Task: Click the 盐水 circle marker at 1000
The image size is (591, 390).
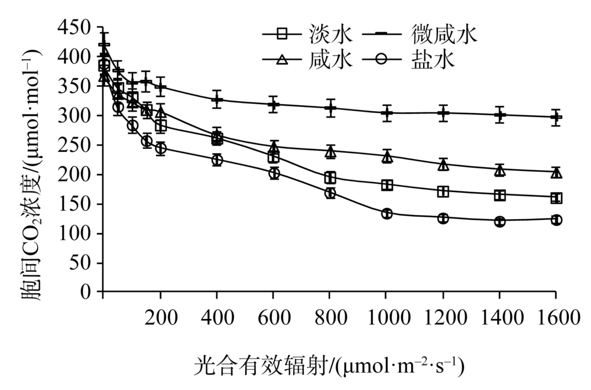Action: coord(387,213)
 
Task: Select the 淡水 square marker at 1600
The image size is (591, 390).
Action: coord(556,198)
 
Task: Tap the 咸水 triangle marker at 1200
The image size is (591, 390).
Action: coord(443,164)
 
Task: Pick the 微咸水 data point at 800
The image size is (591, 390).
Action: coord(330,108)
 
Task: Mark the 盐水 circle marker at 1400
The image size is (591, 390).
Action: coord(500,222)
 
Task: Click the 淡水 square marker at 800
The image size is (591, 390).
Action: coord(330,177)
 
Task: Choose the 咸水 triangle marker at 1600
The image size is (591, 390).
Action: coord(556,173)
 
